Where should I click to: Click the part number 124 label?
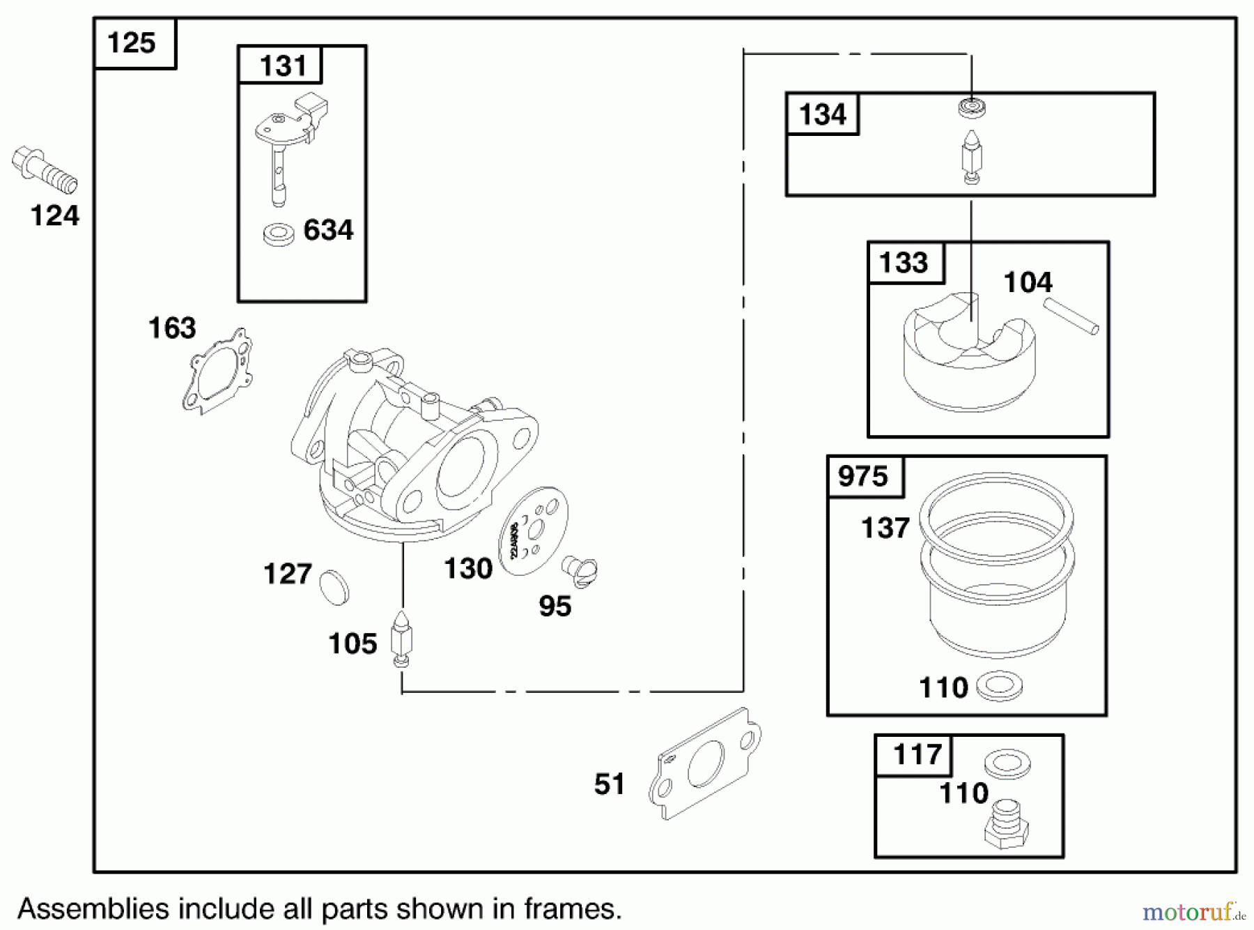point(55,216)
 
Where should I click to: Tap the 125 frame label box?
point(132,43)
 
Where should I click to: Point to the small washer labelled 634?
point(279,234)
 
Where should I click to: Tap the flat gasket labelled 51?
point(704,765)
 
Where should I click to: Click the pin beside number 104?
point(1071,317)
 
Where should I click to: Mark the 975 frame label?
point(863,477)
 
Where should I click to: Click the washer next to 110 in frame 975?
point(999,687)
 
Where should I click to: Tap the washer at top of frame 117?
point(1007,765)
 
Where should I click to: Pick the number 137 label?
point(885,528)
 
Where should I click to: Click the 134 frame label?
point(822,114)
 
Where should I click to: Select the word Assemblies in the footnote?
point(93,908)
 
